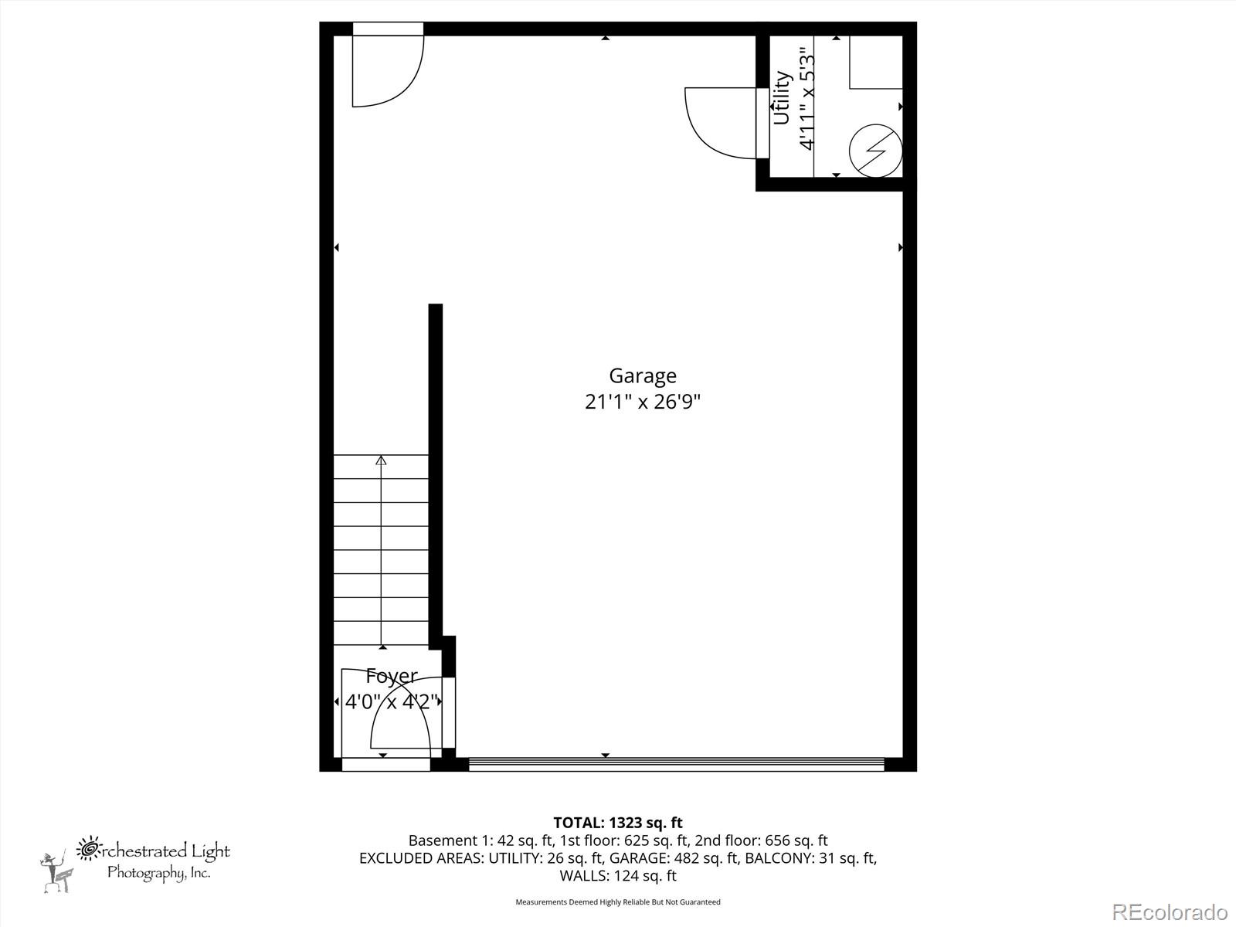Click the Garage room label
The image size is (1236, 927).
coord(642,376)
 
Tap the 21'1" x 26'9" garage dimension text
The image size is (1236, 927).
coord(642,402)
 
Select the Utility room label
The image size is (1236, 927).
coord(782,98)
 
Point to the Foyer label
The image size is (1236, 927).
coord(392,676)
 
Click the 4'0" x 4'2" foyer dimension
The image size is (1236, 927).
coord(392,702)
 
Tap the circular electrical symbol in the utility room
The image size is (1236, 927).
coord(876,151)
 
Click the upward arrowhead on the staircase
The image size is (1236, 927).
coord(381,460)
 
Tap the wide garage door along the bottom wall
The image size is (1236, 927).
coord(676,765)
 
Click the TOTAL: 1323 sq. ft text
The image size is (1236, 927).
coord(617,823)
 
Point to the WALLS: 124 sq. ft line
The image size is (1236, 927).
coord(617,875)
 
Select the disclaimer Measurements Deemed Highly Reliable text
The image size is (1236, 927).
coord(617,902)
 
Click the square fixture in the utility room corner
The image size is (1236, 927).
coord(876,62)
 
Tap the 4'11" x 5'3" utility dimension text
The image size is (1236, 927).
coord(806,98)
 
